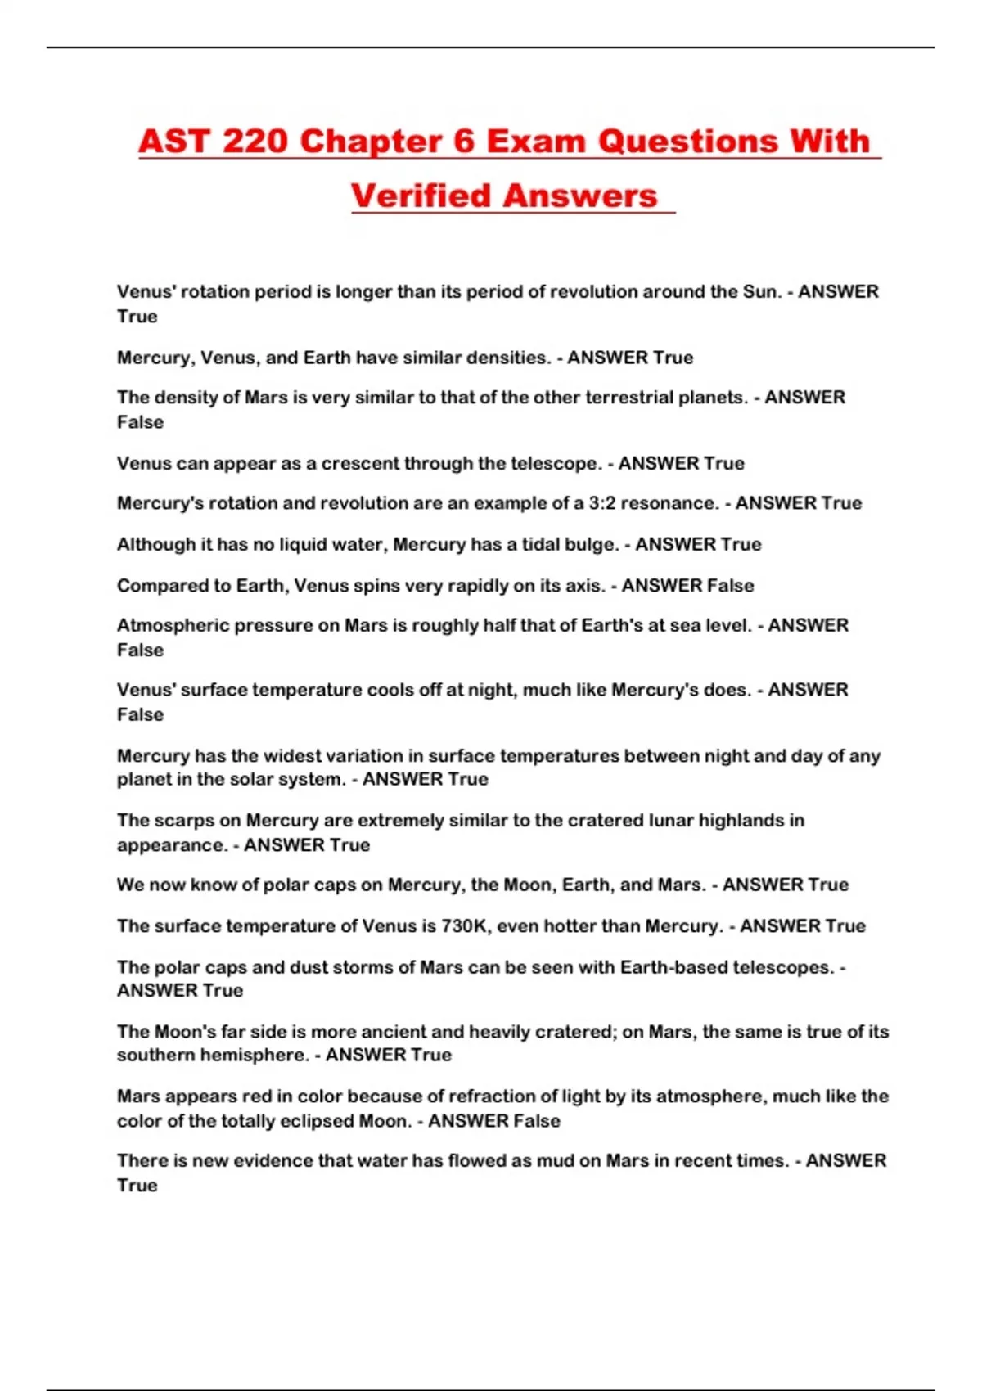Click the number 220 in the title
[x=255, y=142]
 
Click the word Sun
[x=761, y=292]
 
